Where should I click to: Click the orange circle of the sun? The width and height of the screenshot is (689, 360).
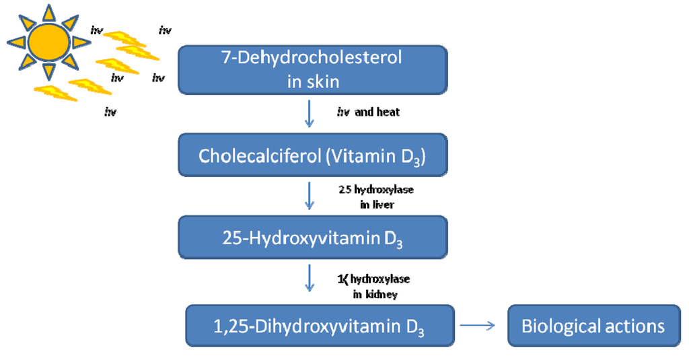48,41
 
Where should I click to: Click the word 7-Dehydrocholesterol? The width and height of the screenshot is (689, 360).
312,58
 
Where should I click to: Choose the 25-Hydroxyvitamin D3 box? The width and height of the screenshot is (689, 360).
312,238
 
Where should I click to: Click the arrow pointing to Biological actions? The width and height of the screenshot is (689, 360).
478,326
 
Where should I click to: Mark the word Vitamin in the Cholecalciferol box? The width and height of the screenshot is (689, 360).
373,155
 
